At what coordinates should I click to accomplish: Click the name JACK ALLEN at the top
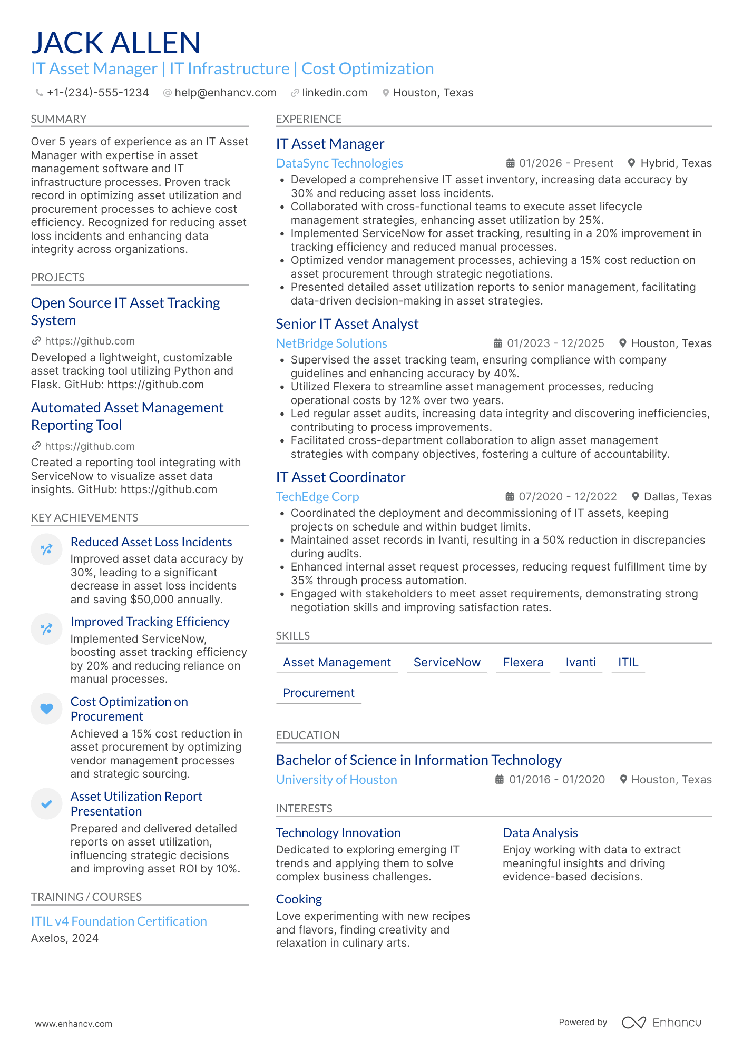115,43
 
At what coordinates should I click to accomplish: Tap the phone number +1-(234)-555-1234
97,93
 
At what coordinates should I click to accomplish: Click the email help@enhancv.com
225,93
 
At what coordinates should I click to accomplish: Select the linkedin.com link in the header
334,93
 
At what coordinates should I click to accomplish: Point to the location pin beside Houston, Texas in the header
386,93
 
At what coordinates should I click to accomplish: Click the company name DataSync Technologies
339,163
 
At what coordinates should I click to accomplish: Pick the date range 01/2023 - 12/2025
555,343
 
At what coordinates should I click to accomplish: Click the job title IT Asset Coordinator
340,477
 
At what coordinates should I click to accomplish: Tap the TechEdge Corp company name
317,497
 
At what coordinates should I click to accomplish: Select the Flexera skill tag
523,662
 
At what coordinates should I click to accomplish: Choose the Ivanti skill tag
580,662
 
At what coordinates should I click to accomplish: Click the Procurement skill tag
318,693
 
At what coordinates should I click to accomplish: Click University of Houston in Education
336,780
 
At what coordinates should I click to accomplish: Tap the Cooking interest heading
299,899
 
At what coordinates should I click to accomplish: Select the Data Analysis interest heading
540,833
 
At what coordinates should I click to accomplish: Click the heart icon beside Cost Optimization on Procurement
46,709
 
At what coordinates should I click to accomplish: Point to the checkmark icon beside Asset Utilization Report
46,803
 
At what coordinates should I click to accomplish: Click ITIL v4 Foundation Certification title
119,921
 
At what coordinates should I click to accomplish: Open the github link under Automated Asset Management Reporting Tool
90,446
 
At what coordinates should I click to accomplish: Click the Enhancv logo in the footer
661,1023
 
